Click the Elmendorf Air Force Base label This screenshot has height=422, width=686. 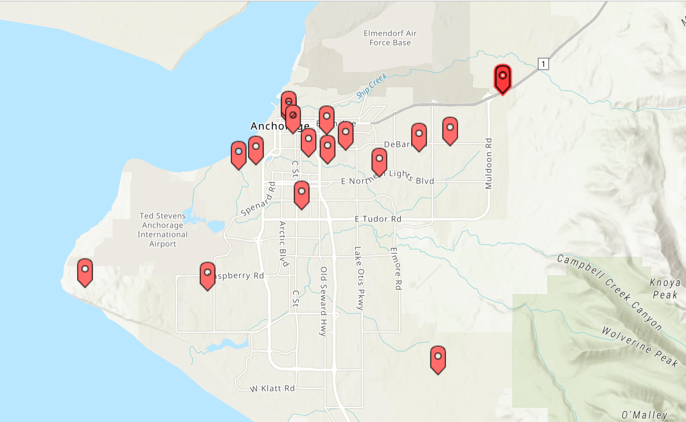coord(390,38)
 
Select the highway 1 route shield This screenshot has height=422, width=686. coord(543,64)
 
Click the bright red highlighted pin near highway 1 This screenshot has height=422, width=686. coord(503,78)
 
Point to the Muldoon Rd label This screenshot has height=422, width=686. coord(488,163)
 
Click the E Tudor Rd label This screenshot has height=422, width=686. coord(378,219)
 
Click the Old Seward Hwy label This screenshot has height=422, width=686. coord(323,301)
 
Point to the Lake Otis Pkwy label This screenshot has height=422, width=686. coord(359,278)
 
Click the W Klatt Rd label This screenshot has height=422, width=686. coord(273,388)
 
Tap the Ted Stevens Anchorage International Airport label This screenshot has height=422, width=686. coord(163,230)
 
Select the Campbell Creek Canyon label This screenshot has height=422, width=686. coord(610,292)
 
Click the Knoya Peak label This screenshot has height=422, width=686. coord(665,289)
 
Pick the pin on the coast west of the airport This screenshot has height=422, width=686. coord(85,271)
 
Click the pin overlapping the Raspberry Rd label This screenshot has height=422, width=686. coord(207,275)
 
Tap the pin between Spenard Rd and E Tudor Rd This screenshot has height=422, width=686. coord(301,194)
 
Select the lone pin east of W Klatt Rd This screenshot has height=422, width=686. coord(438,358)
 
